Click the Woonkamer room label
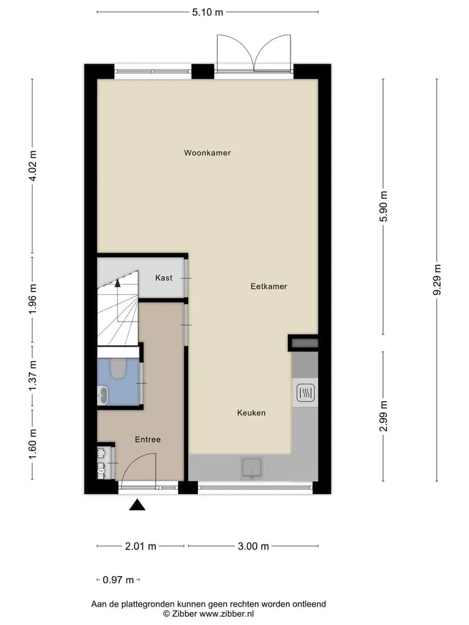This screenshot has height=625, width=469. [x=207, y=152]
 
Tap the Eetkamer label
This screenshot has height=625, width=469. [x=269, y=286]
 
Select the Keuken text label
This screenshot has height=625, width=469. [x=251, y=413]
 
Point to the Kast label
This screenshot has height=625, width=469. [x=164, y=278]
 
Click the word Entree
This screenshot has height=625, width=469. [x=148, y=439]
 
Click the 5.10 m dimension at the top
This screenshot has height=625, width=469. [x=207, y=12]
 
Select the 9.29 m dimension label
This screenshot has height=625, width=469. [x=437, y=280]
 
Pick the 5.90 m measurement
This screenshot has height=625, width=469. [x=383, y=206]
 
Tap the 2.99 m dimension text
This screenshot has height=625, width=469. [x=383, y=416]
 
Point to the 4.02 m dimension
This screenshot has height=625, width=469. [x=33, y=166]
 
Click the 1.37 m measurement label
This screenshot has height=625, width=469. [x=33, y=376]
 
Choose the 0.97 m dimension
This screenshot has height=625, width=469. [x=118, y=579]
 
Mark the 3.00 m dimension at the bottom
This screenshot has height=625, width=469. [x=253, y=546]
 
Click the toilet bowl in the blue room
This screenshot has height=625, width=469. [x=118, y=368]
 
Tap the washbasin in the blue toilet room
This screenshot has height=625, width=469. [x=102, y=395]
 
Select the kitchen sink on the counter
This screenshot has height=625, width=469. [x=252, y=467]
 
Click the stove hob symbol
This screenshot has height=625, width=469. [x=306, y=393]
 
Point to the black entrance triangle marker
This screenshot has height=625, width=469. [x=137, y=505]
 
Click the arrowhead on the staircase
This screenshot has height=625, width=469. [x=117, y=283]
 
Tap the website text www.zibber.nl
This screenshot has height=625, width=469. [x=227, y=614]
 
